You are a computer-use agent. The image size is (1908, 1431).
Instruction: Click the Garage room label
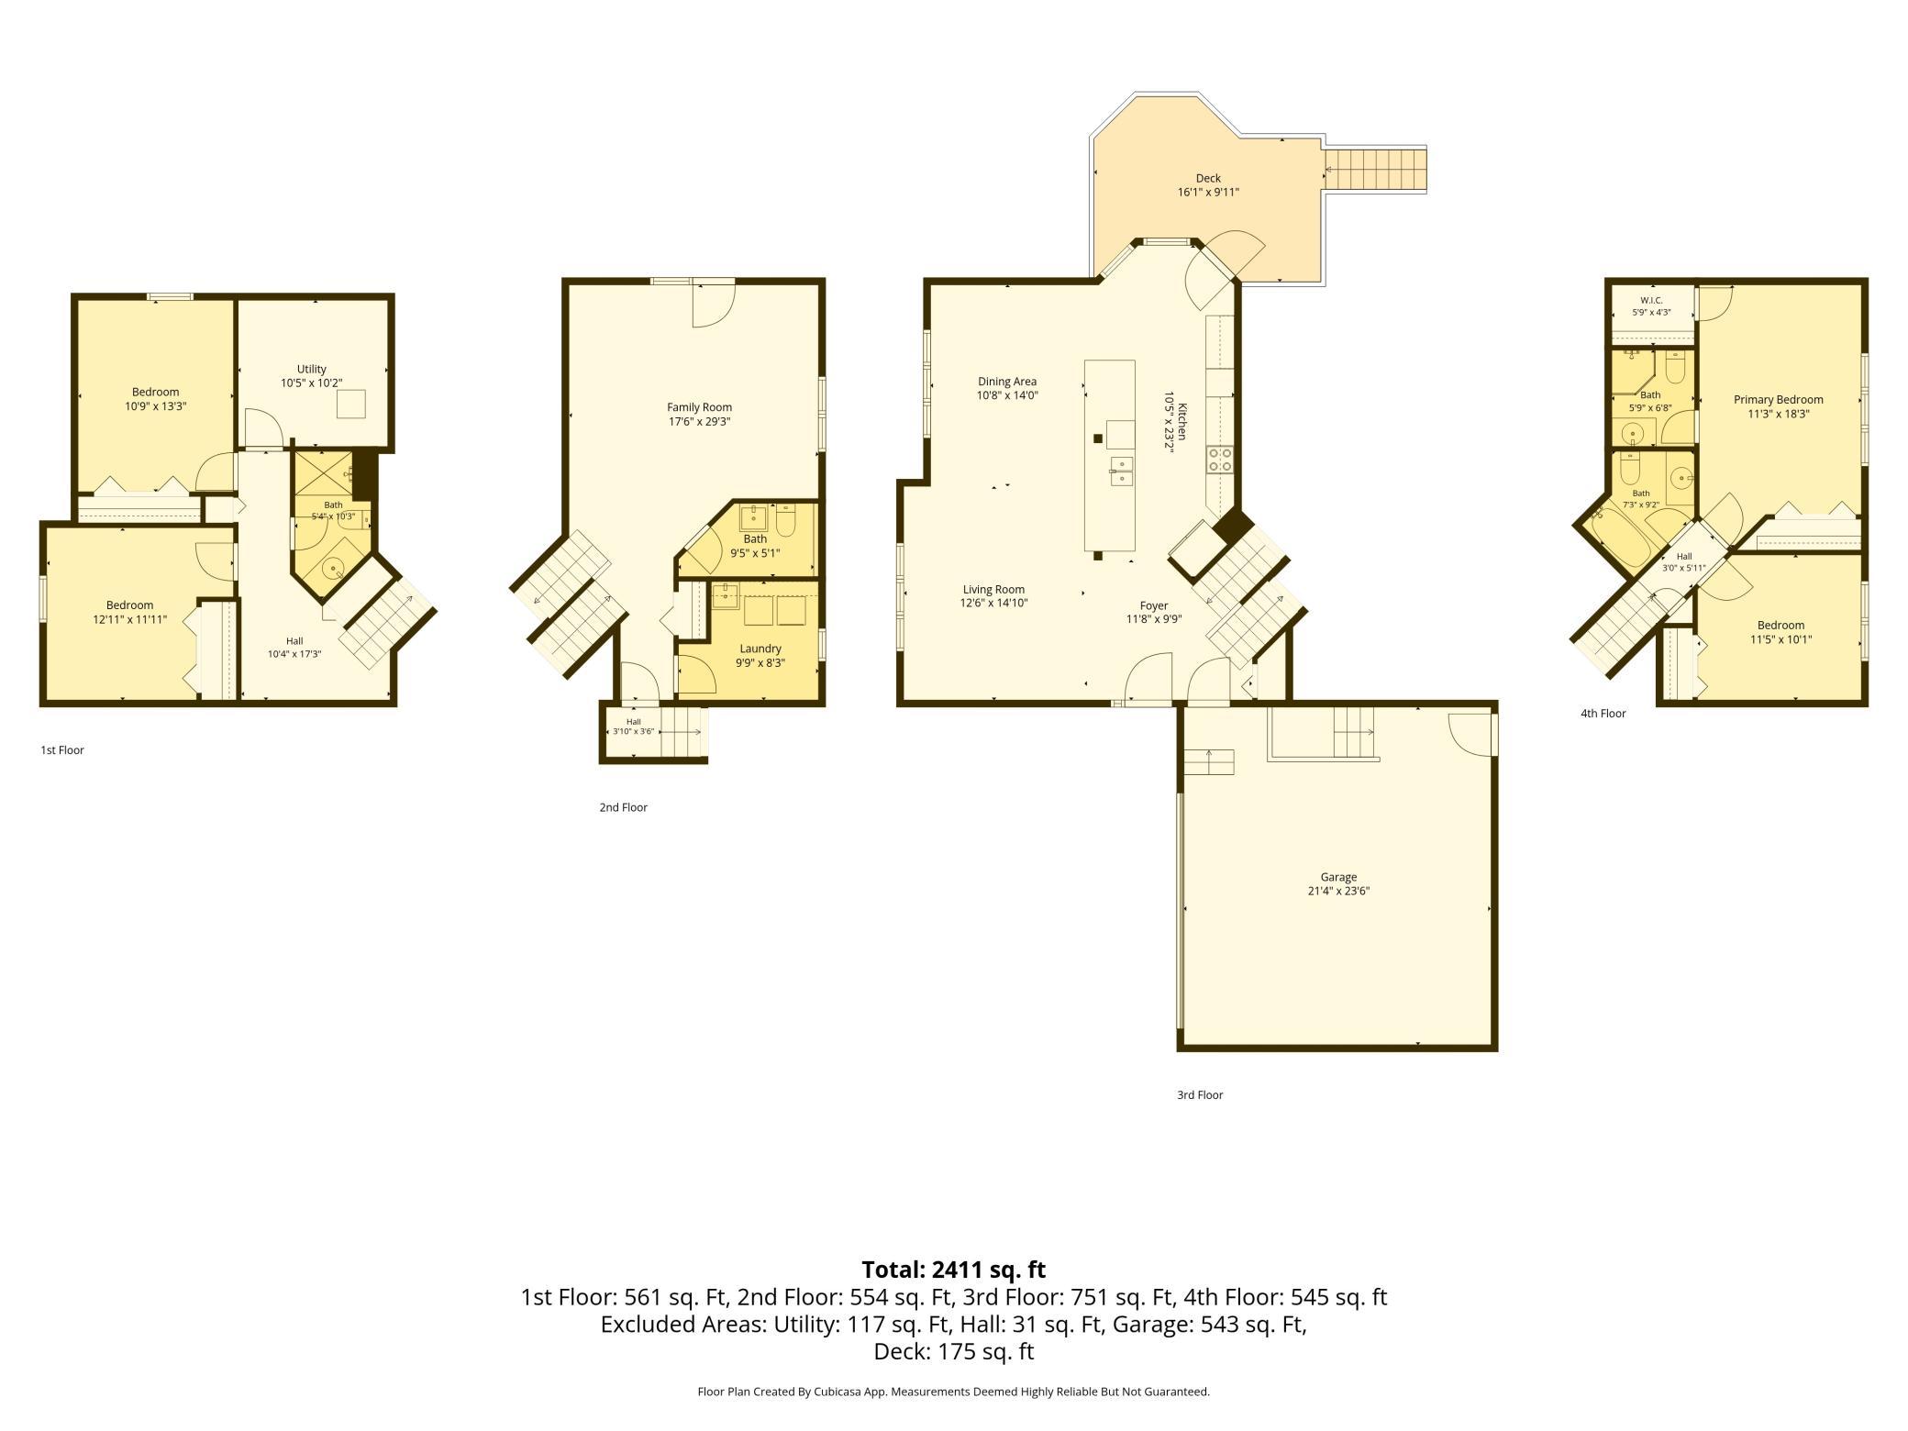tap(1338, 883)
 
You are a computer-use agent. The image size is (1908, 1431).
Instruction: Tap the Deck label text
tap(1208, 185)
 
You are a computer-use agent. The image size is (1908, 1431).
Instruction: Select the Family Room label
tap(699, 415)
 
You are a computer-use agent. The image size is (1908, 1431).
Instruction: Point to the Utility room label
tap(312, 376)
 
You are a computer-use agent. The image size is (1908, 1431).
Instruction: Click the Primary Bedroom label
tap(1778, 406)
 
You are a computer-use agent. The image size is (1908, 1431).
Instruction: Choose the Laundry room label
tap(760, 655)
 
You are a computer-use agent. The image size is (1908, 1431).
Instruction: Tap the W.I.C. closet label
tap(1651, 306)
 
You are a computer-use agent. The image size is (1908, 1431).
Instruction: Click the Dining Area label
tap(1007, 388)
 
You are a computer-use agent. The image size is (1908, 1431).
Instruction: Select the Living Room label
tap(993, 596)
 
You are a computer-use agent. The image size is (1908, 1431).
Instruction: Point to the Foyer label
tap(1154, 612)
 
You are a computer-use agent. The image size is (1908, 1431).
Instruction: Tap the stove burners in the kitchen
tap(1219, 459)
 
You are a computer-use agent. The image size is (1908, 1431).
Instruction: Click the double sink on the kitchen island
tap(1120, 470)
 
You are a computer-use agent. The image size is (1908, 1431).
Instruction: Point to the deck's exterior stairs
tap(1375, 171)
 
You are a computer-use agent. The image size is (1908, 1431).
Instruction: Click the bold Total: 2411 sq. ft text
tap(953, 1270)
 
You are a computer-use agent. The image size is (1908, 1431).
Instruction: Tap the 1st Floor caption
tap(62, 750)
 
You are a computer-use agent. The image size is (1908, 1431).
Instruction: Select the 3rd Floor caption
tap(1200, 1094)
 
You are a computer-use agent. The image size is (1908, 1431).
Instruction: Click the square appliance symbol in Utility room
tap(351, 404)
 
